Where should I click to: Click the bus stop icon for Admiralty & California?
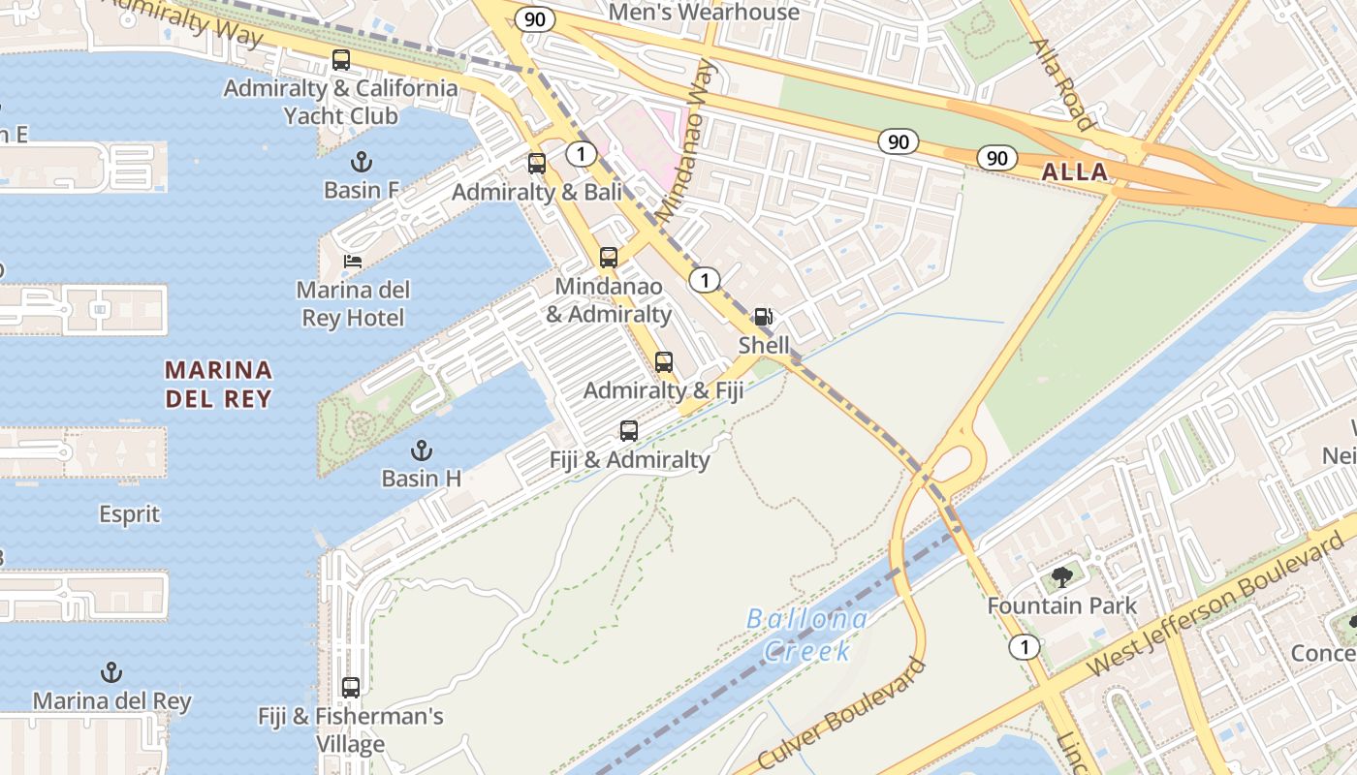tap(341, 60)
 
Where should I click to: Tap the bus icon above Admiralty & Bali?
tap(537, 164)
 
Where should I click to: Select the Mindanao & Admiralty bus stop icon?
tap(609, 258)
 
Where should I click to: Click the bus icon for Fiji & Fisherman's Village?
tap(351, 688)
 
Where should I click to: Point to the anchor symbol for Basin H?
tap(421, 450)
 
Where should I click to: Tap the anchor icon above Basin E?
tap(362, 162)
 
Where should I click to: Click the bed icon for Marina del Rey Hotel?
tap(353, 262)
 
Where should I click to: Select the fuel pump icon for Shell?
tap(764, 317)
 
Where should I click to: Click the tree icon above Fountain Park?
tap(1062, 578)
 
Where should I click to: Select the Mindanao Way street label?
tap(685, 140)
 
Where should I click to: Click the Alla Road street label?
tap(1061, 84)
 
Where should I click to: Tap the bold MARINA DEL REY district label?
tap(218, 384)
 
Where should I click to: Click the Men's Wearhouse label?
tap(704, 13)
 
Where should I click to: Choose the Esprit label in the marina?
tap(129, 513)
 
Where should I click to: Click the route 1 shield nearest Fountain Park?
tap(1024, 646)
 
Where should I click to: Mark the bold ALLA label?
tap(1074, 172)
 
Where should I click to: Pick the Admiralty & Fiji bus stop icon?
tap(664, 362)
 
